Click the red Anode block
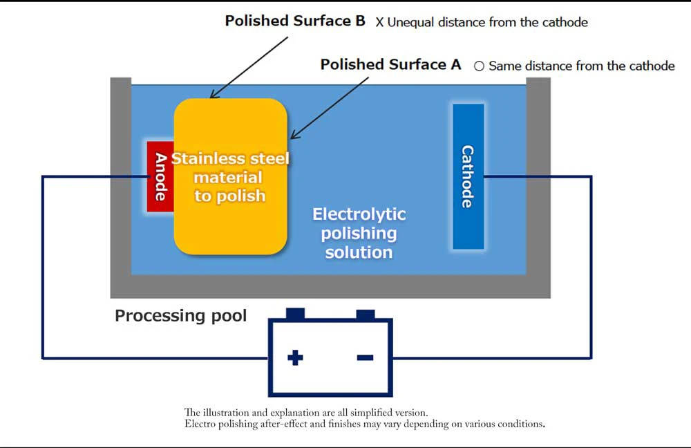160,176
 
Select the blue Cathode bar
468,176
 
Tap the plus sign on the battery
295,357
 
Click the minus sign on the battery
365,357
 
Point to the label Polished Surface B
295,21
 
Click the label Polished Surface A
390,65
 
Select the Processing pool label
180,316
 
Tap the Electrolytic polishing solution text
359,233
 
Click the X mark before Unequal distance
379,23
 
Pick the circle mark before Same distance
479,66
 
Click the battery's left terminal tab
295,314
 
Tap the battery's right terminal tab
365,314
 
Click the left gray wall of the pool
120,180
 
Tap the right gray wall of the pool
538,180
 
